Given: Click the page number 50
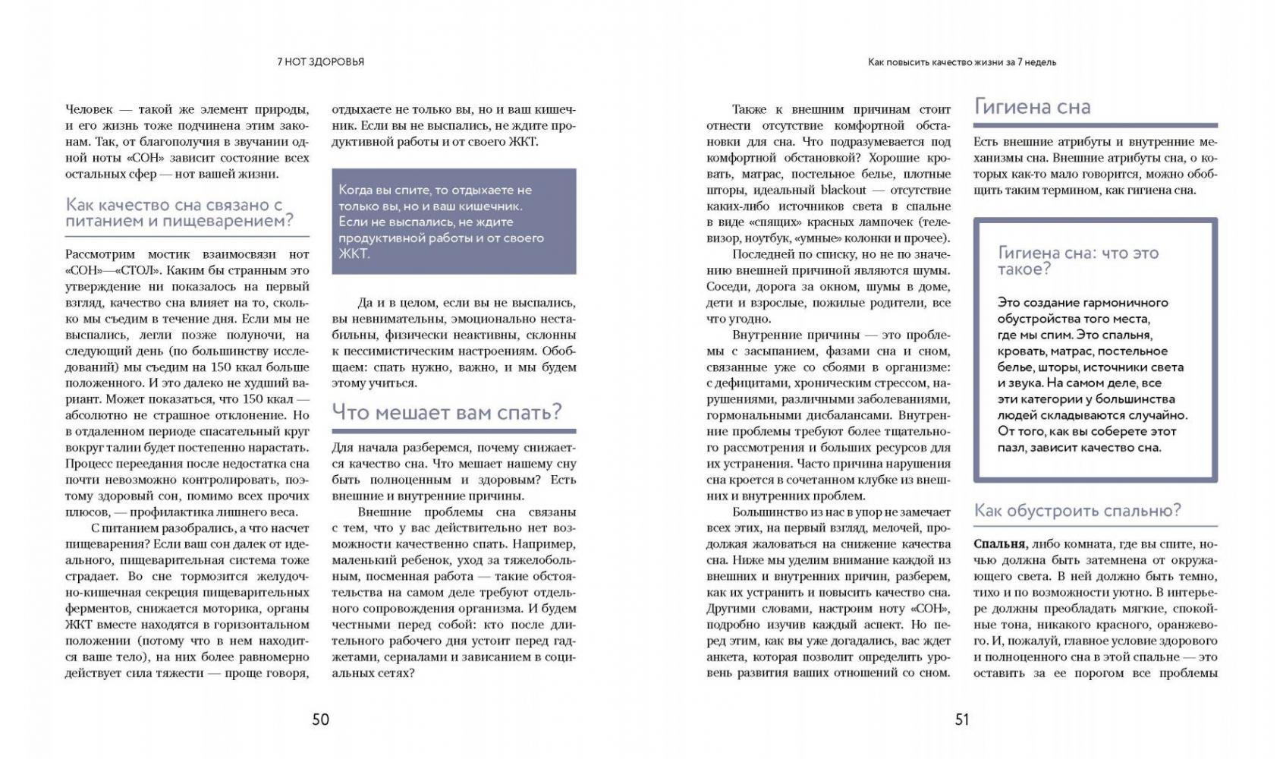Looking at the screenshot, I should (x=320, y=719).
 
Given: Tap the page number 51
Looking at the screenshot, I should (x=961, y=719).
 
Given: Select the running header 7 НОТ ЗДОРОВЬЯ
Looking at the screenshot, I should (x=320, y=62).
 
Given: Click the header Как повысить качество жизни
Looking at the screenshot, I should (x=961, y=62).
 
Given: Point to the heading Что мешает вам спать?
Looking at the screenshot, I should (x=447, y=412).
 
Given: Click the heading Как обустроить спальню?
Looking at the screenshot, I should (x=1077, y=510).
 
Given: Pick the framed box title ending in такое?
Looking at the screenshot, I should (x=1077, y=260).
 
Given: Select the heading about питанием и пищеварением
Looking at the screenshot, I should (x=179, y=213).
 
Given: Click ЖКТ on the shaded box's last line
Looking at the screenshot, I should (x=353, y=254).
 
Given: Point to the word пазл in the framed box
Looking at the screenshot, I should (x=1013, y=447).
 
